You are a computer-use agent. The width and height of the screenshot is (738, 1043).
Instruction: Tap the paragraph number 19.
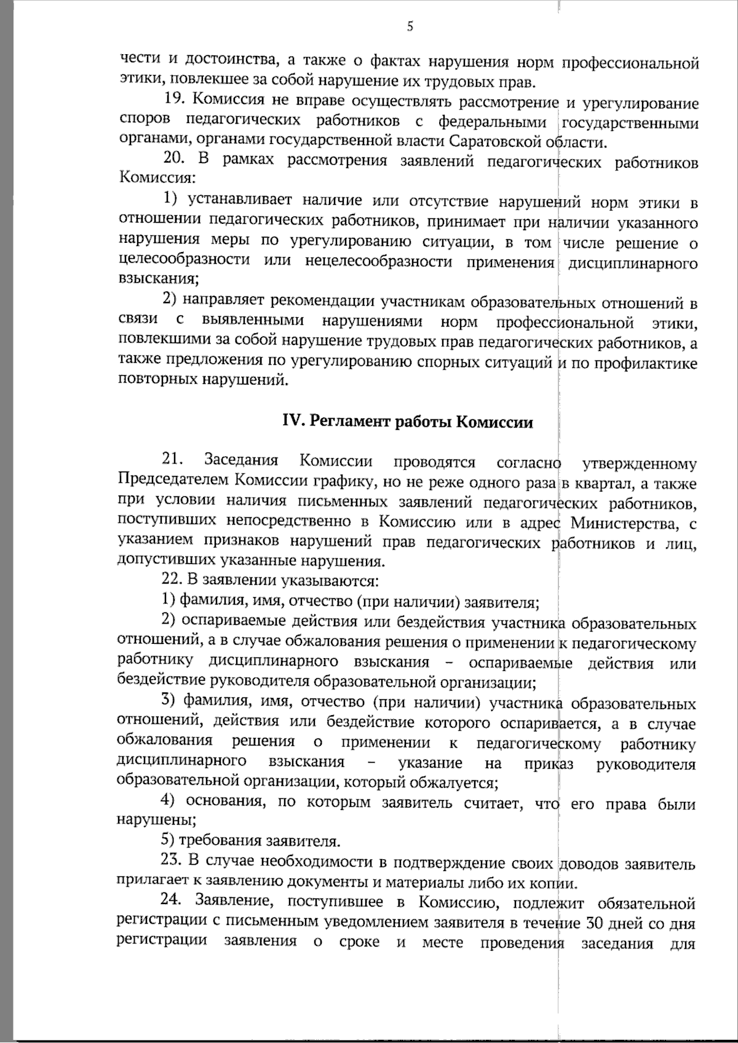tap(175, 100)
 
